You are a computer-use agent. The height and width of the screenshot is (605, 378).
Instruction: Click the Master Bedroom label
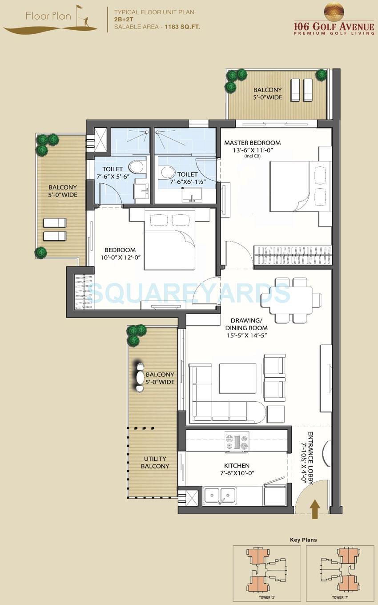[x=252, y=143]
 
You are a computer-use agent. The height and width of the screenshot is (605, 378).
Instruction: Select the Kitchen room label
[x=237, y=465]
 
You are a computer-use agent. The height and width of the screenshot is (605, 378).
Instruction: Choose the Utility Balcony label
[x=155, y=462]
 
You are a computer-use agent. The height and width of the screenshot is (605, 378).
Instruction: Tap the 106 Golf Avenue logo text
[x=334, y=26]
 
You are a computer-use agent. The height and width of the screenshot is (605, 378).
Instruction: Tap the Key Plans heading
[x=303, y=540]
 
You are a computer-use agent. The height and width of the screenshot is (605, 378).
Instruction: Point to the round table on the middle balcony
[x=140, y=378]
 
